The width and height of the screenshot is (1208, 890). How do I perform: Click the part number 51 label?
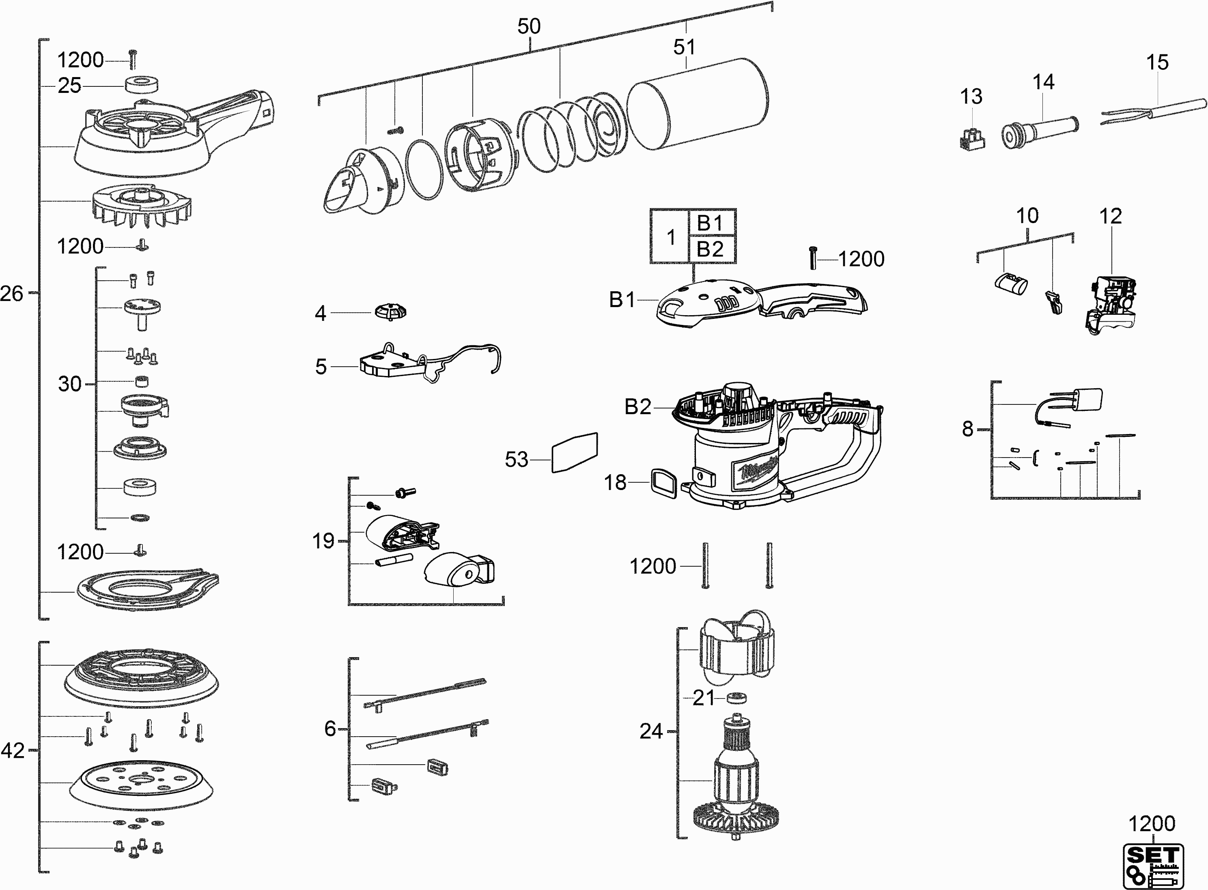[x=684, y=47]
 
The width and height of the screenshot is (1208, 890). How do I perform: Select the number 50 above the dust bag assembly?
[x=529, y=26]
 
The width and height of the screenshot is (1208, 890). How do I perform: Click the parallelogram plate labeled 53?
[x=574, y=453]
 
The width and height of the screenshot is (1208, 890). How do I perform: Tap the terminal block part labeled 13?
[x=973, y=139]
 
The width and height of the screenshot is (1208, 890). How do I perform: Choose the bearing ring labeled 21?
[x=736, y=698]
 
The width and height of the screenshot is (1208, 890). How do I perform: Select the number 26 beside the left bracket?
[x=12, y=294]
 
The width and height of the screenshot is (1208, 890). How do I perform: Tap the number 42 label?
[x=13, y=750]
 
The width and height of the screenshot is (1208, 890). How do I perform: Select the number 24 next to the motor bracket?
[x=651, y=732]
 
